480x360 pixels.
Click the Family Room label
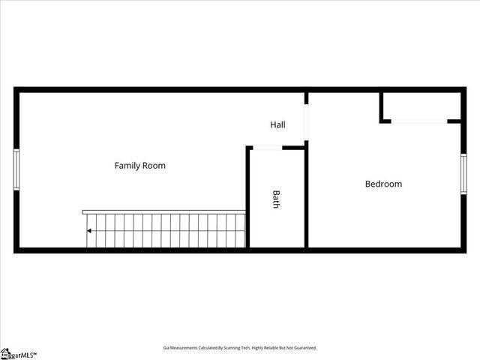click(x=139, y=165)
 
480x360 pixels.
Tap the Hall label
click(x=277, y=124)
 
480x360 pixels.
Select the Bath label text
click(x=276, y=199)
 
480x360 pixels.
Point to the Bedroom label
click(x=383, y=184)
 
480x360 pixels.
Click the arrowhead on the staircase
click(x=90, y=231)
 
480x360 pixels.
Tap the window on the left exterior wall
click(x=16, y=169)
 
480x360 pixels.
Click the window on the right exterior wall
click(x=463, y=174)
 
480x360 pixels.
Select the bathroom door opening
click(x=266, y=148)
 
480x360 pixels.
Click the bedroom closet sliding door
click(x=418, y=121)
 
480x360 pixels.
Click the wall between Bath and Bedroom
click(x=306, y=199)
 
